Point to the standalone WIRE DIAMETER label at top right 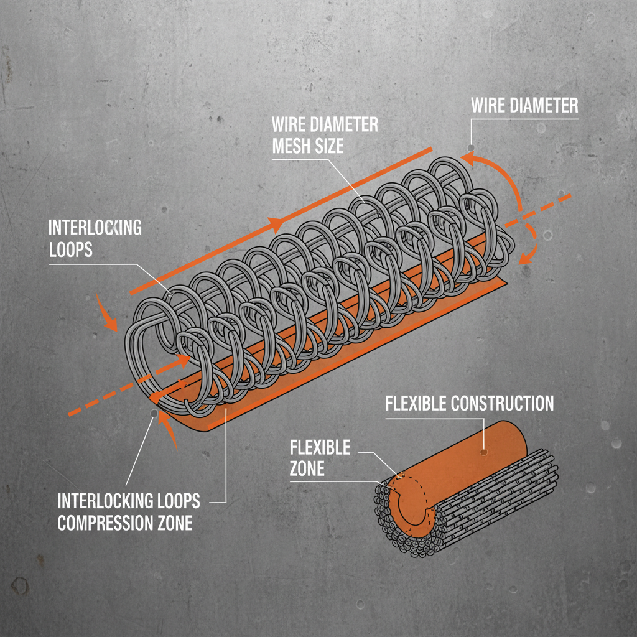click(524, 105)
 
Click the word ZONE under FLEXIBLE click(307, 468)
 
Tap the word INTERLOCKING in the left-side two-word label click(95, 228)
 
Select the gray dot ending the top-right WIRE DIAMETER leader click(471, 147)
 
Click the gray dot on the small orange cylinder click(483, 452)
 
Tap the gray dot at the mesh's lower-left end click(152, 412)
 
